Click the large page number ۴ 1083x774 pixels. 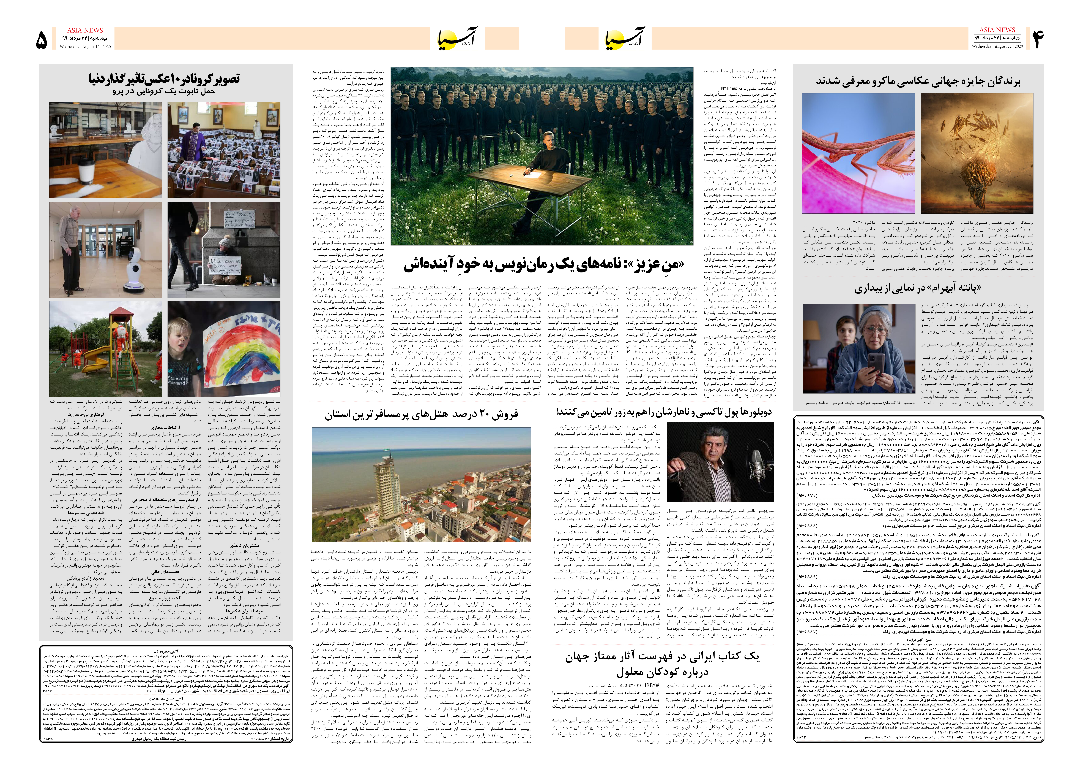(x=1038, y=39)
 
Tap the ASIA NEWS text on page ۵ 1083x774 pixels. (x=85, y=30)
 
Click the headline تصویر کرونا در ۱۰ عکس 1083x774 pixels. (x=164, y=79)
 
